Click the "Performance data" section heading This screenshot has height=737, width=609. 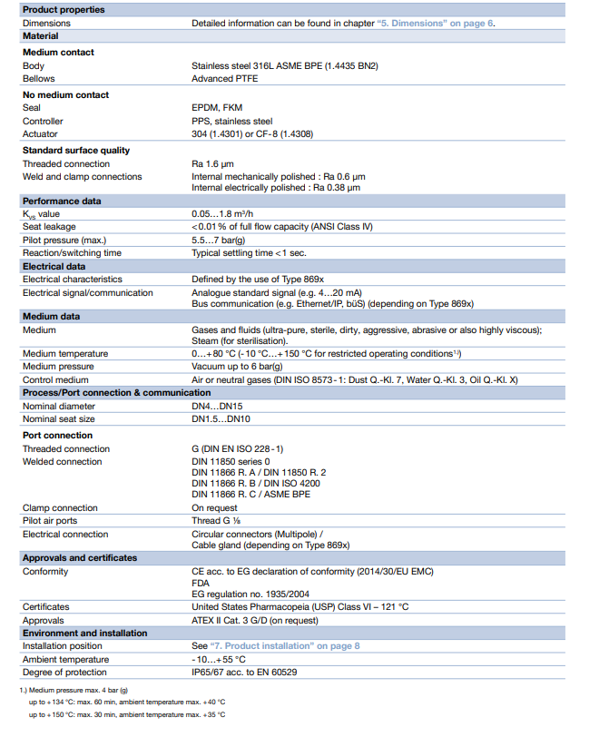[x=62, y=201]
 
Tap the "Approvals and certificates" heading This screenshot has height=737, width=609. [x=80, y=557]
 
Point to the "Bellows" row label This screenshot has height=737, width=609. [x=39, y=79]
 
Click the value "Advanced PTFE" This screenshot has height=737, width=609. [x=224, y=79]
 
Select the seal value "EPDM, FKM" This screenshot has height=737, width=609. [x=216, y=108]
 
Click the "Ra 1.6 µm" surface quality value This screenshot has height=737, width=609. [x=218, y=164]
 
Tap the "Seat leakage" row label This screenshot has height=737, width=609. [x=49, y=227]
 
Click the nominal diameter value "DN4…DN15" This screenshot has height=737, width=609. [x=218, y=406]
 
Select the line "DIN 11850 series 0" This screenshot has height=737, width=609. [x=231, y=461]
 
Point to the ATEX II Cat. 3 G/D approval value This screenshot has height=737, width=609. [x=255, y=620]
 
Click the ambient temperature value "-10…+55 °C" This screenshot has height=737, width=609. [x=219, y=659]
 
